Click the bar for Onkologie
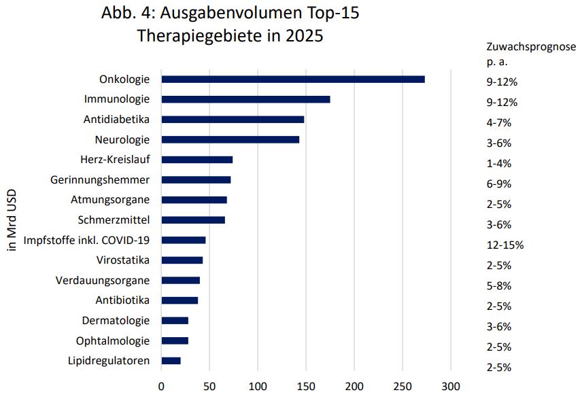(292, 80)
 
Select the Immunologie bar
(245, 99)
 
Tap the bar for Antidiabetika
(233, 120)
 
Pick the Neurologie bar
(230, 139)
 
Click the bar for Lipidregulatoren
(171, 361)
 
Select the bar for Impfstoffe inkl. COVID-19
(183, 240)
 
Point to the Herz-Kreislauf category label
(114, 160)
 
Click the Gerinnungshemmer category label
(100, 179)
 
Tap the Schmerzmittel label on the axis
(114, 220)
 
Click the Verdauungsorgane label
(103, 280)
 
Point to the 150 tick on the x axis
(306, 387)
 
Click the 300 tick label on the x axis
(451, 387)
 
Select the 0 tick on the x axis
(161, 387)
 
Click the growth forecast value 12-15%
(504, 245)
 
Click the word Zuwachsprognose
(531, 47)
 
